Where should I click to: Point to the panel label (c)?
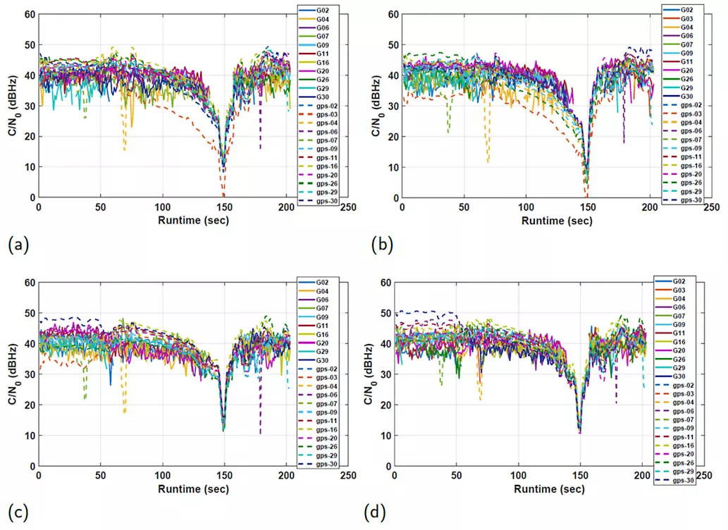[x=18, y=512]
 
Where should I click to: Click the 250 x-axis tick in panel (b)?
[x=711, y=208]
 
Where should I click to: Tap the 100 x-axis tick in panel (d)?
[x=519, y=476]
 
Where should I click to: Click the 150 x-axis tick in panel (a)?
[x=225, y=208]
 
